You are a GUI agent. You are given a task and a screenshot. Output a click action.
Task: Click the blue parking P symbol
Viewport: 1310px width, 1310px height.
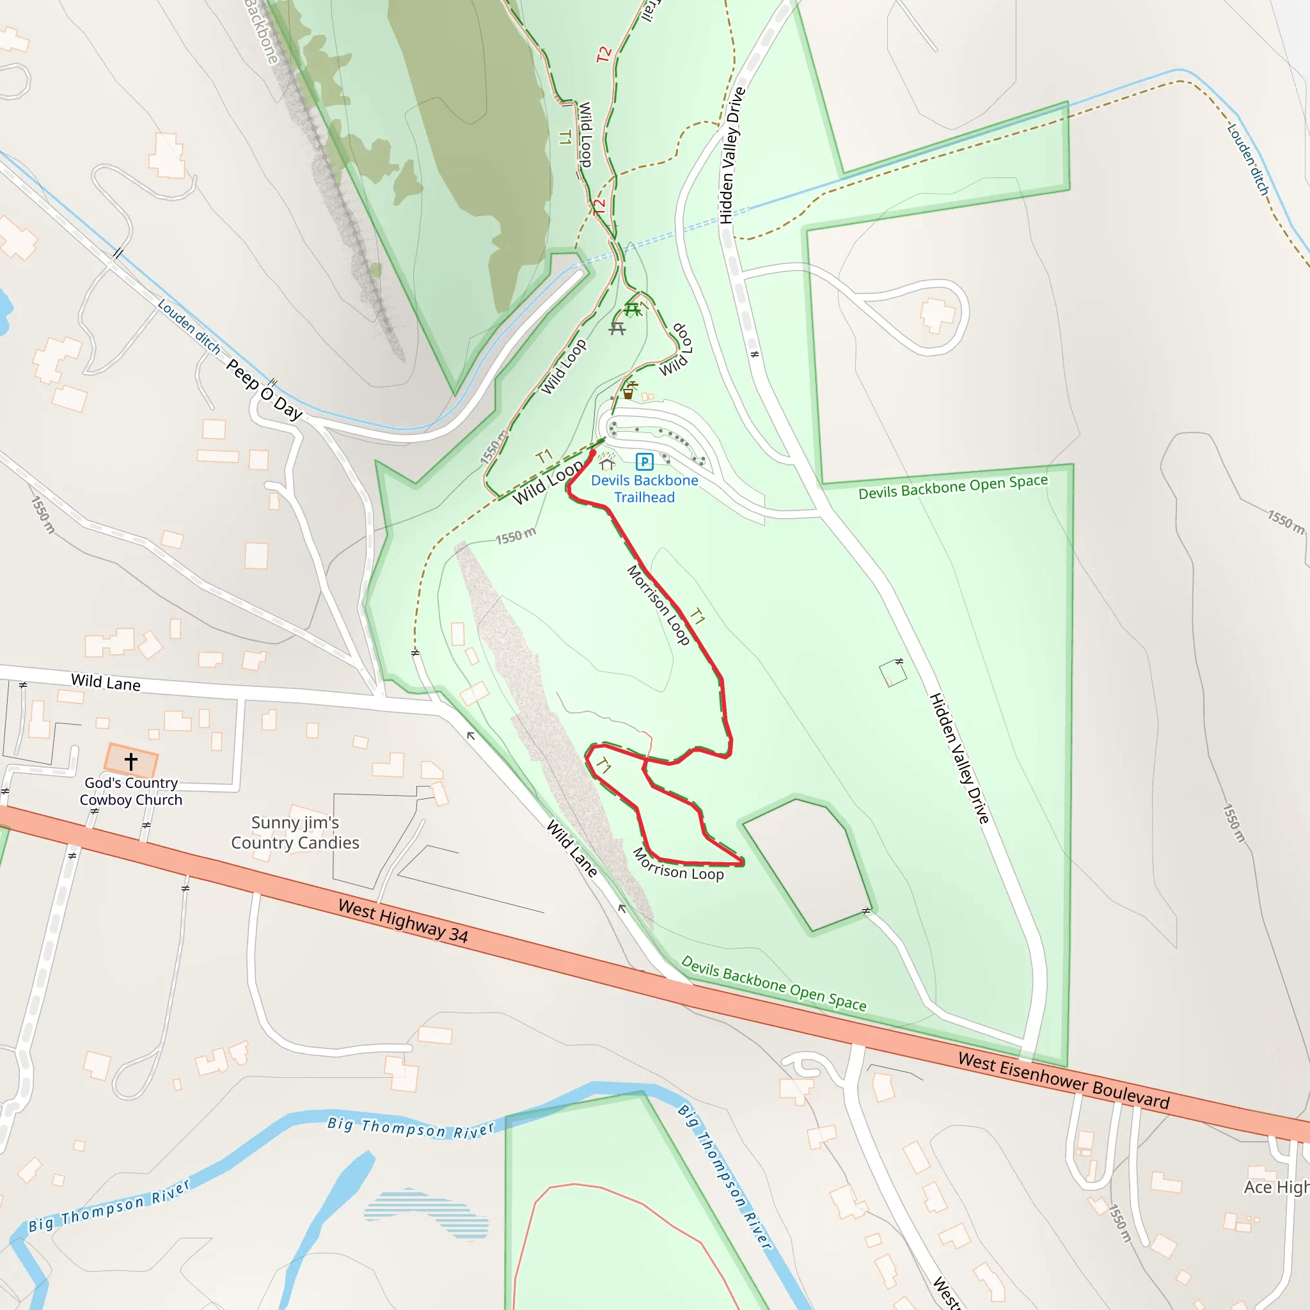pyautogui.click(x=644, y=462)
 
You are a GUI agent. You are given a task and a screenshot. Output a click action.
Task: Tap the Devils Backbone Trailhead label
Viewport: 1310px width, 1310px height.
pyautogui.click(x=644, y=489)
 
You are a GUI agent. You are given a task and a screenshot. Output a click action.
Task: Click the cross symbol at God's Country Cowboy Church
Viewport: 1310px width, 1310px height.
pyautogui.click(x=131, y=761)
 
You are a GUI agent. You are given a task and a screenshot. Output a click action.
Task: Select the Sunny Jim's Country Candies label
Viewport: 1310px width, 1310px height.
pyautogui.click(x=295, y=833)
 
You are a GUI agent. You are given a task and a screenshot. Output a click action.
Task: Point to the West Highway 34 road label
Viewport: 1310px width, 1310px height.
pyautogui.click(x=404, y=921)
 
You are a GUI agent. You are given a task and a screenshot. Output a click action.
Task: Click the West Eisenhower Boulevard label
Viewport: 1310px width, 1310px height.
pyautogui.click(x=1063, y=1081)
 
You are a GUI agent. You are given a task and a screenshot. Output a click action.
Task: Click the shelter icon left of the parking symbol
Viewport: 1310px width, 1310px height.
pyautogui.click(x=607, y=464)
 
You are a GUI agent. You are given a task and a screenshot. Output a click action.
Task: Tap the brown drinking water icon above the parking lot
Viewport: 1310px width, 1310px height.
pyautogui.click(x=629, y=391)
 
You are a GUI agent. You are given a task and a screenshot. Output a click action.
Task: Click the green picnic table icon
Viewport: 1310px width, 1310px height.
pyautogui.click(x=632, y=310)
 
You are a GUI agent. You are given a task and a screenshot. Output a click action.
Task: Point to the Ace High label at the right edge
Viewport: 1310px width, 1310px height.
pyautogui.click(x=1275, y=1187)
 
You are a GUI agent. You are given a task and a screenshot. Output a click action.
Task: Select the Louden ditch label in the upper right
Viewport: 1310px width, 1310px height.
pyautogui.click(x=1247, y=159)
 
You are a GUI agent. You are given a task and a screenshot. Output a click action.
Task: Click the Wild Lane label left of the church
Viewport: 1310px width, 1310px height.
pyautogui.click(x=106, y=682)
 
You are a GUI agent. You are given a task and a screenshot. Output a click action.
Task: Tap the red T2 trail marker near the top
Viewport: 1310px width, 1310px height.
pyautogui.click(x=603, y=54)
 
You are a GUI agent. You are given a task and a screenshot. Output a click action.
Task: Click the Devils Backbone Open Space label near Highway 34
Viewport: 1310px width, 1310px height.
pyautogui.click(x=773, y=984)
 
